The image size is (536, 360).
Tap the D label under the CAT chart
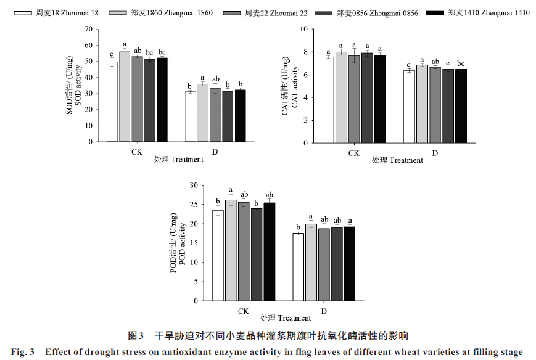(x=435, y=152)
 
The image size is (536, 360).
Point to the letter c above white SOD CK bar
(x=112, y=53)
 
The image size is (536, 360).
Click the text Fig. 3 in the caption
(x=23, y=353)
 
